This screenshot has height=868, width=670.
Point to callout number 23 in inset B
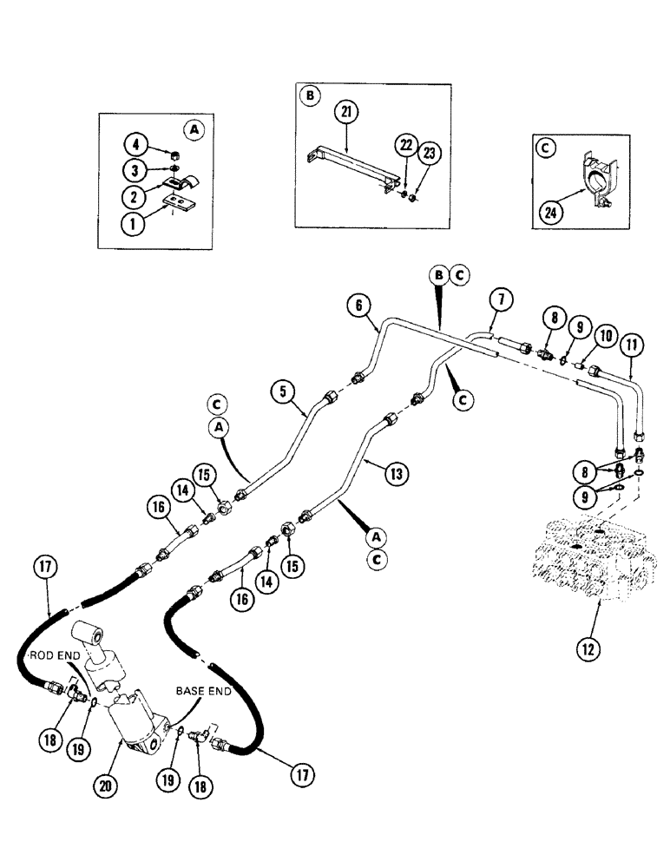tap(429, 154)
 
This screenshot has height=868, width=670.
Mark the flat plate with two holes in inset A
tap(181, 205)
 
